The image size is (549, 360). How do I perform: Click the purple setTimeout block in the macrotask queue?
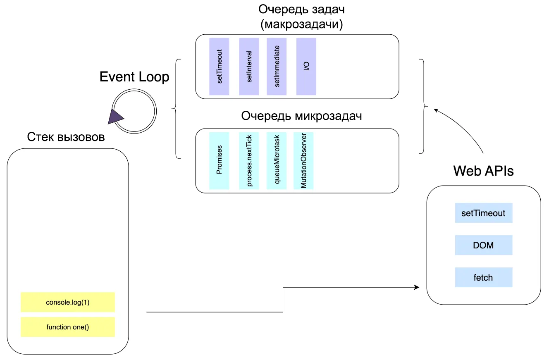(x=219, y=67)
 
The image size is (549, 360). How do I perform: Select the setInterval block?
(x=249, y=67)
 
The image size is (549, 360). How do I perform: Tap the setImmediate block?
(x=277, y=67)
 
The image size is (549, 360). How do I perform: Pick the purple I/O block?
(x=306, y=67)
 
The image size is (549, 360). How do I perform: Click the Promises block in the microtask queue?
(x=219, y=161)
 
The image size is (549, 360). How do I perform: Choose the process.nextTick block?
(x=249, y=161)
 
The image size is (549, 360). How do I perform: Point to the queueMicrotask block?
(x=277, y=161)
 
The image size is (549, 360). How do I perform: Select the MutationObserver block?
(x=303, y=161)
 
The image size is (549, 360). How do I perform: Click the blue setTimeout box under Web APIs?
(x=483, y=213)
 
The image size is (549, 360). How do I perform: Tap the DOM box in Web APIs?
(x=483, y=245)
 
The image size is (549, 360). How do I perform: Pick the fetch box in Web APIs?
(x=483, y=277)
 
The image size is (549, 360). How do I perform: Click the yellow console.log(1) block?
(x=68, y=302)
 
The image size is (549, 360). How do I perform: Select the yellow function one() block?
(x=68, y=327)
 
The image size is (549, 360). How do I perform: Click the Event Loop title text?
(x=134, y=77)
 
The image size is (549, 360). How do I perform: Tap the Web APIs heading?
(x=483, y=171)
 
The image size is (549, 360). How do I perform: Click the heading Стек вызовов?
(x=66, y=137)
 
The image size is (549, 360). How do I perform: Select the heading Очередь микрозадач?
(x=301, y=116)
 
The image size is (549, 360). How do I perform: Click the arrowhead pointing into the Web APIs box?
(x=416, y=287)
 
